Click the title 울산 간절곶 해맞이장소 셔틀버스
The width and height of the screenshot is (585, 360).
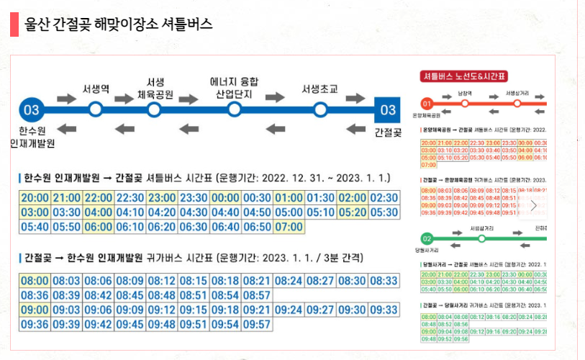(118, 24)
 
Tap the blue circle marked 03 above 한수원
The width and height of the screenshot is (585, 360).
(32, 110)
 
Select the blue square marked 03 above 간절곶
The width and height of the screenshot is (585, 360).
(388, 110)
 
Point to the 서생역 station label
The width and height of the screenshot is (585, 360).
(96, 89)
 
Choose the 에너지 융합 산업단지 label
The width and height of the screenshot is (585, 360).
(234, 87)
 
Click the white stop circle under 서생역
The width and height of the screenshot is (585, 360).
(96, 110)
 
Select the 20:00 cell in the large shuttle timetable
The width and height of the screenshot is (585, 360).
(35, 198)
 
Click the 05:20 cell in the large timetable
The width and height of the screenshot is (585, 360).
(352, 212)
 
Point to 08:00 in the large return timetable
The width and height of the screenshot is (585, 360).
(35, 281)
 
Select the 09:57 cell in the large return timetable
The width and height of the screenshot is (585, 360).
(257, 324)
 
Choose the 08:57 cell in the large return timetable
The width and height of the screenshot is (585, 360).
(257, 295)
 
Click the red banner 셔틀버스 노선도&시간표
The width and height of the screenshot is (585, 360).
(465, 76)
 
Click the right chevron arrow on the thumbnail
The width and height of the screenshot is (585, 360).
(534, 205)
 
